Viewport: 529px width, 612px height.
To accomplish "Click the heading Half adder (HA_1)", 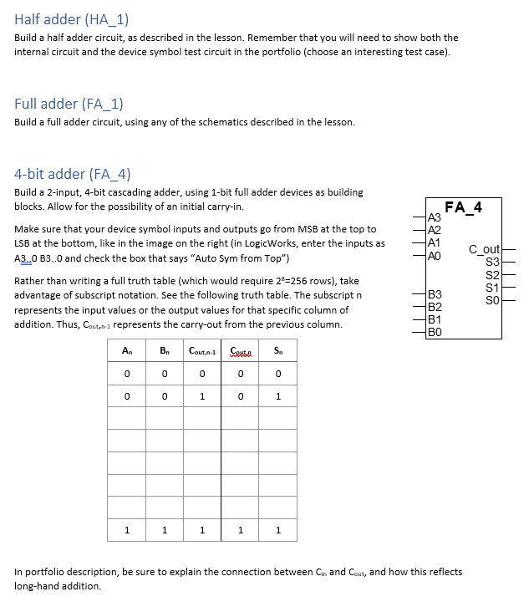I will [71, 19].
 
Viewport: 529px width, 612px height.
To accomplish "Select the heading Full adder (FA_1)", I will [69, 104].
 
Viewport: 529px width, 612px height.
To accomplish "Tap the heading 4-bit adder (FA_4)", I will [73, 174].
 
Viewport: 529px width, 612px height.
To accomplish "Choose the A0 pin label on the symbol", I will [433, 257].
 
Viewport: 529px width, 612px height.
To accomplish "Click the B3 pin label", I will [433, 294].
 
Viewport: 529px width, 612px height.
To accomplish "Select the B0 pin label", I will [433, 332].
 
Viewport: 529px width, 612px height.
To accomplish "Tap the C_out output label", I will [484, 249].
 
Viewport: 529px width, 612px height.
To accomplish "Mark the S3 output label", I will [492, 262].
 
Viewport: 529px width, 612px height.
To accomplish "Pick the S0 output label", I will [492, 299].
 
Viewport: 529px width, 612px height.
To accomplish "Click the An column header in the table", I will [127, 351].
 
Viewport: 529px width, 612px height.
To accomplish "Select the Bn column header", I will [165, 351].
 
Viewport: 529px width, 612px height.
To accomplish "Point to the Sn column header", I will [277, 351].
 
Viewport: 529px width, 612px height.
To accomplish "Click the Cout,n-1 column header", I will [202, 351].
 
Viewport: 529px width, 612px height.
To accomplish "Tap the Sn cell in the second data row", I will [277, 396].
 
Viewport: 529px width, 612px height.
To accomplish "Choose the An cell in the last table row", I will [127, 528].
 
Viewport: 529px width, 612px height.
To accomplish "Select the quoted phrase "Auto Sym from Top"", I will [243, 258].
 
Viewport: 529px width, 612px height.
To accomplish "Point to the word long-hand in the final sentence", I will [36, 586].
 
